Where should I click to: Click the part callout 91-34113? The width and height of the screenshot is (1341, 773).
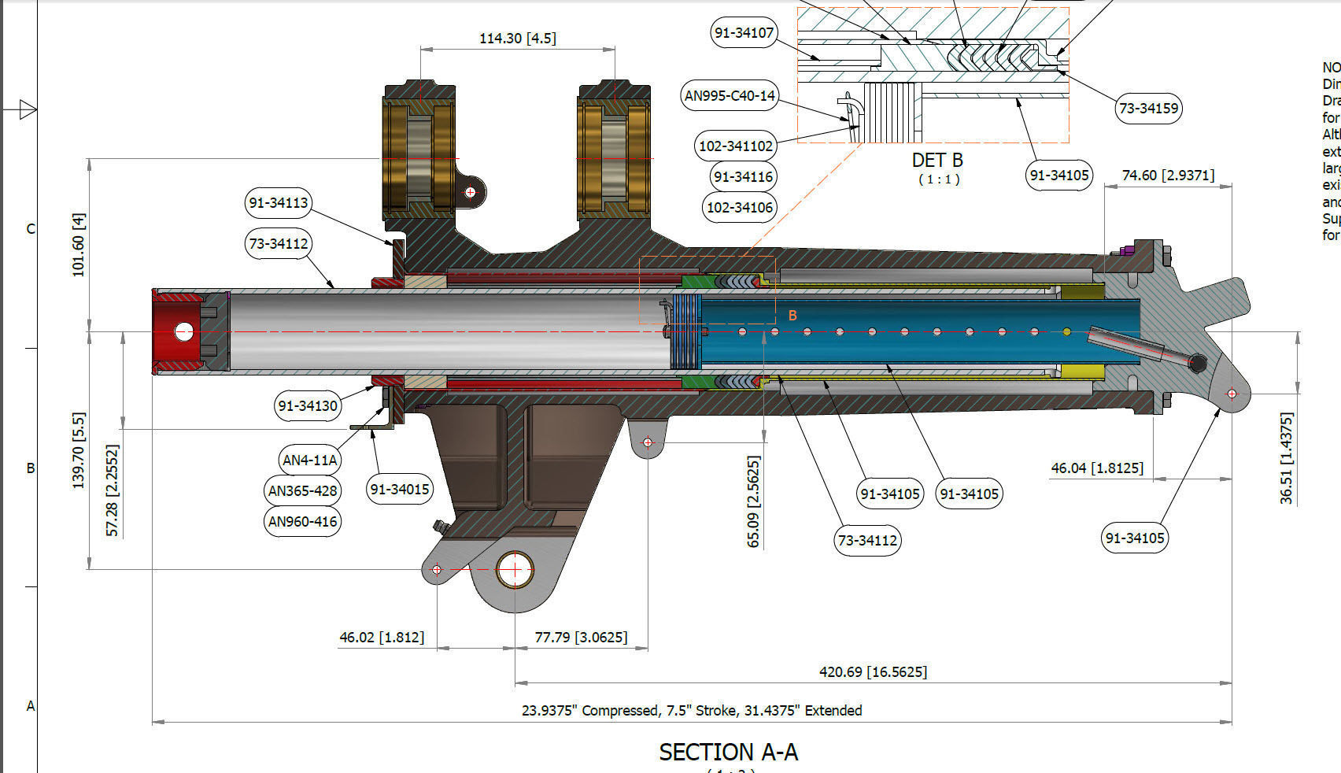278,202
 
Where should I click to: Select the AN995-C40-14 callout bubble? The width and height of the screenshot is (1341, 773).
730,96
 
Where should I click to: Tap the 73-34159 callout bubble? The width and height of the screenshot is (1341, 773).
1148,108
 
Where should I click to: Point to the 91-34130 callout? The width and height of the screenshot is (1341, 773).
308,405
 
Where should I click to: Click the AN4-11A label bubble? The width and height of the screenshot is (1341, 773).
309,460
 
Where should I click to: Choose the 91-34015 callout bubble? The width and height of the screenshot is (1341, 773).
400,489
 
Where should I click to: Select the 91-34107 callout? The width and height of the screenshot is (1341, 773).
744,33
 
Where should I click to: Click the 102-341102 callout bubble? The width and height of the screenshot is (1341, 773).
736,146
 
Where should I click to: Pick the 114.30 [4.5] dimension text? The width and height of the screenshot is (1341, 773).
517,38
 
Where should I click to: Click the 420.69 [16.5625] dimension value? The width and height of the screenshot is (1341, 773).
873,671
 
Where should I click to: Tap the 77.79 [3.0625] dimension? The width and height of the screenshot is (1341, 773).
581,636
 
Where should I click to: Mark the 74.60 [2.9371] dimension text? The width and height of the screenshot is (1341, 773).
1167,175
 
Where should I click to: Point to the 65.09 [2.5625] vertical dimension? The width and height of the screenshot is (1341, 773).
753,501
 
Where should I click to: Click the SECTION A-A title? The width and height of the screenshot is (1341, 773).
728,752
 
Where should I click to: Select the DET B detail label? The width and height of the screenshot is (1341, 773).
936,160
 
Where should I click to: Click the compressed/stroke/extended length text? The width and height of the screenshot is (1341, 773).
691,710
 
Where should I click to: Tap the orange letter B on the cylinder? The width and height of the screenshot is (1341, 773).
792,316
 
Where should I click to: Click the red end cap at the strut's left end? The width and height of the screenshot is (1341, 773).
178,331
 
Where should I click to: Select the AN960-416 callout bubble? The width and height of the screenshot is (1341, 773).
303,521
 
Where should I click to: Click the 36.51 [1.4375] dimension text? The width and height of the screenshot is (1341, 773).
1286,457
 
